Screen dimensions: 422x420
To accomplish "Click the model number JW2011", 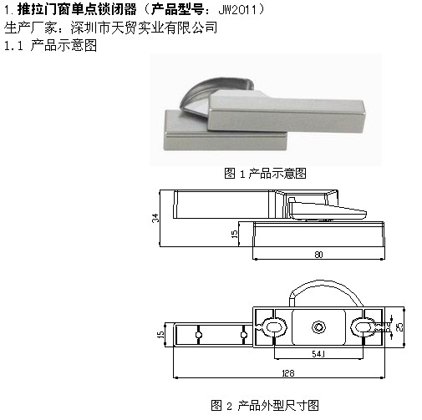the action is pos(237,10).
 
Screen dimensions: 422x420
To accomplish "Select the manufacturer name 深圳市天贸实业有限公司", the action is pos(144,28).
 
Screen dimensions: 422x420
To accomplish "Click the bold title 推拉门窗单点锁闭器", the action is pos(77,10).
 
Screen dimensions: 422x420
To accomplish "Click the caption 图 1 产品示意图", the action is pos(265,174).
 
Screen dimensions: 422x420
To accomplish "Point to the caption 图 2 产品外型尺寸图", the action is pos(265,405).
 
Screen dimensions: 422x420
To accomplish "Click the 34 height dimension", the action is pos(155,218).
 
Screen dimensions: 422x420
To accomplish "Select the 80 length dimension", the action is pos(318,255).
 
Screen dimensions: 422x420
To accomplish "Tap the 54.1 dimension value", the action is pos(318,354).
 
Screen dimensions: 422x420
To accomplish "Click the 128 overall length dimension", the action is pos(288,373).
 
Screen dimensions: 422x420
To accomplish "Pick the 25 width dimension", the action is pos(399,326).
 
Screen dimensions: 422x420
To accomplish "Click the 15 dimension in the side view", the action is pos(235,234).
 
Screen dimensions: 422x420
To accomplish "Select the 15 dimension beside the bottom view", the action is pos(161,334).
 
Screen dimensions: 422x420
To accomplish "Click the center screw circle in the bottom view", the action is pos(318,327).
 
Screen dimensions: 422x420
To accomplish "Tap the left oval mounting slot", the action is pos(275,326).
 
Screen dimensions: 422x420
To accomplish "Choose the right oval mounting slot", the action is pos(363,326).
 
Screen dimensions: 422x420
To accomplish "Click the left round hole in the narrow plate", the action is pos(198,335).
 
